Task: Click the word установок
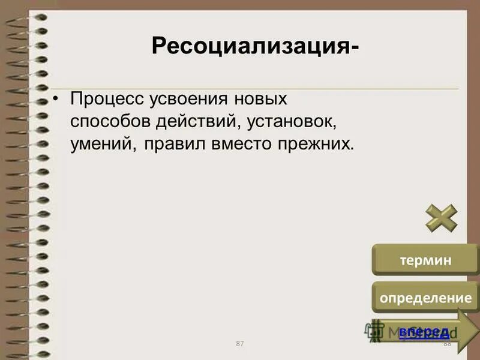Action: click(289, 122)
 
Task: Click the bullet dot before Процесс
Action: click(57, 98)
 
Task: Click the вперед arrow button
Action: click(425, 332)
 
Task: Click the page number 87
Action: click(240, 343)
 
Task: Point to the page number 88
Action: click(446, 343)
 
